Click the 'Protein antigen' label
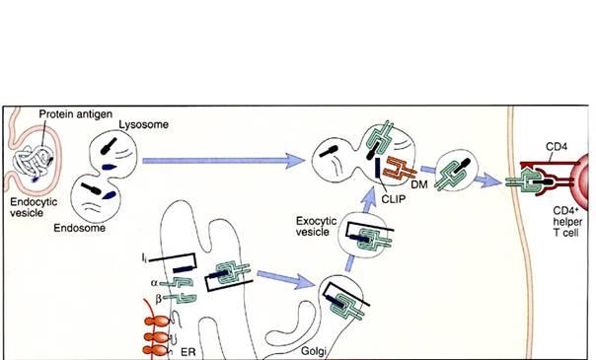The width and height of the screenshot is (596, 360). click(x=76, y=114)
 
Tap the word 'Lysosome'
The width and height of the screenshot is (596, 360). click(x=144, y=124)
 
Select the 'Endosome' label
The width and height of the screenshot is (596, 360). click(x=80, y=228)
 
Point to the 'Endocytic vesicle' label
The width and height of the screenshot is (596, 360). click(x=34, y=207)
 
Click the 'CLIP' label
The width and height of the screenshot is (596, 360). click(x=394, y=199)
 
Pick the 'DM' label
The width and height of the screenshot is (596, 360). click(x=419, y=184)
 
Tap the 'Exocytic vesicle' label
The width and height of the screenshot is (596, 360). click(x=316, y=226)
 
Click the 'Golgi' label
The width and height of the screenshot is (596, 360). click(x=314, y=351)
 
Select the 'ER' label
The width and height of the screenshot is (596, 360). click(x=188, y=352)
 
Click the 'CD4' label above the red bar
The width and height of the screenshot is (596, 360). click(x=557, y=146)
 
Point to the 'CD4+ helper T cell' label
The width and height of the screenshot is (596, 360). click(x=566, y=222)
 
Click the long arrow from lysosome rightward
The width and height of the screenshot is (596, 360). click(x=223, y=161)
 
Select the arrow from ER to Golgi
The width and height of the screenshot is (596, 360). click(x=287, y=279)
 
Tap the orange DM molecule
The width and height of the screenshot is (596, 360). click(x=401, y=169)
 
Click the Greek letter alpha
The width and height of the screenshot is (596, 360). click(x=154, y=282)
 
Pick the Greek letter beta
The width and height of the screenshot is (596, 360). click(x=159, y=299)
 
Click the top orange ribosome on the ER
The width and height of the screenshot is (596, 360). click(x=157, y=323)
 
